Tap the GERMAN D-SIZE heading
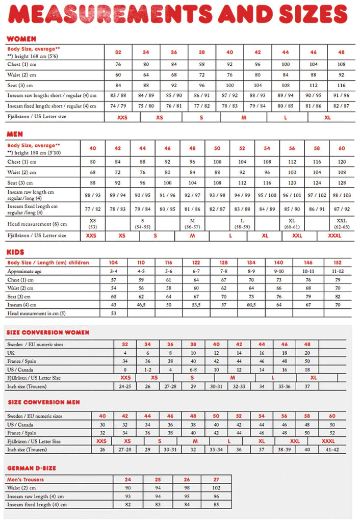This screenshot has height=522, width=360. (31, 468)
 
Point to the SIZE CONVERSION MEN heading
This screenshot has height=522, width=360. (43, 402)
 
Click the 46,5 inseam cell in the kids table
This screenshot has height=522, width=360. (141, 304)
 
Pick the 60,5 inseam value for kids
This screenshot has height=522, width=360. (251, 304)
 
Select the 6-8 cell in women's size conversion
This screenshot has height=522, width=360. (193, 369)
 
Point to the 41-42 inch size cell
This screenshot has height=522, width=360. (332, 450)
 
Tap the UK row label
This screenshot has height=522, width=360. (11, 353)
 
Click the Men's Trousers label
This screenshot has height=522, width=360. (25, 479)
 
